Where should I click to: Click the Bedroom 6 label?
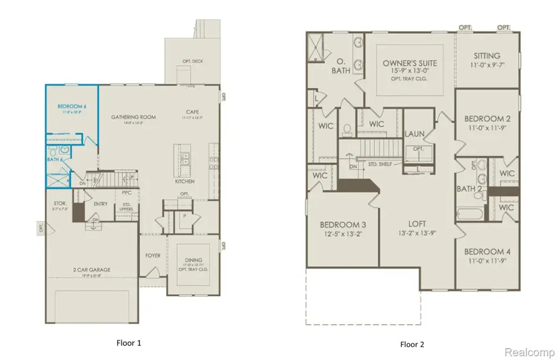(x=71, y=107)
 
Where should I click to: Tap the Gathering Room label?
(x=133, y=116)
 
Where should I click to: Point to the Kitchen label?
(x=185, y=182)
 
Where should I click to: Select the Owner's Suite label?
(x=410, y=63)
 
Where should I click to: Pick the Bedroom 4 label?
(x=486, y=252)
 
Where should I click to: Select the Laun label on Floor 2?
(x=414, y=134)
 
